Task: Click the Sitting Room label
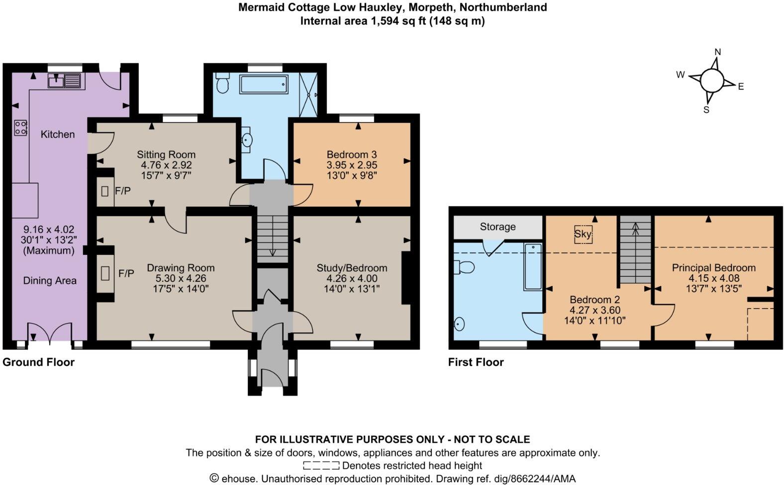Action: click(166, 155)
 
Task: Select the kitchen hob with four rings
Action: click(20, 128)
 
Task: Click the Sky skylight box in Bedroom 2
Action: click(583, 234)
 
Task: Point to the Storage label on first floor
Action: click(497, 227)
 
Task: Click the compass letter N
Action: click(717, 52)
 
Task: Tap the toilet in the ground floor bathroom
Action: click(222, 83)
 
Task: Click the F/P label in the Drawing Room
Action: click(126, 273)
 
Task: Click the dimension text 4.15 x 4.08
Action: click(714, 278)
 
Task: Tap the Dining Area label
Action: click(50, 281)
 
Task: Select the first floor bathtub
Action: click(532, 266)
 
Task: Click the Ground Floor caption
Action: click(39, 362)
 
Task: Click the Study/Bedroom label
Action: click(352, 268)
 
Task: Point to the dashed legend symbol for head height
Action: click(321, 466)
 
